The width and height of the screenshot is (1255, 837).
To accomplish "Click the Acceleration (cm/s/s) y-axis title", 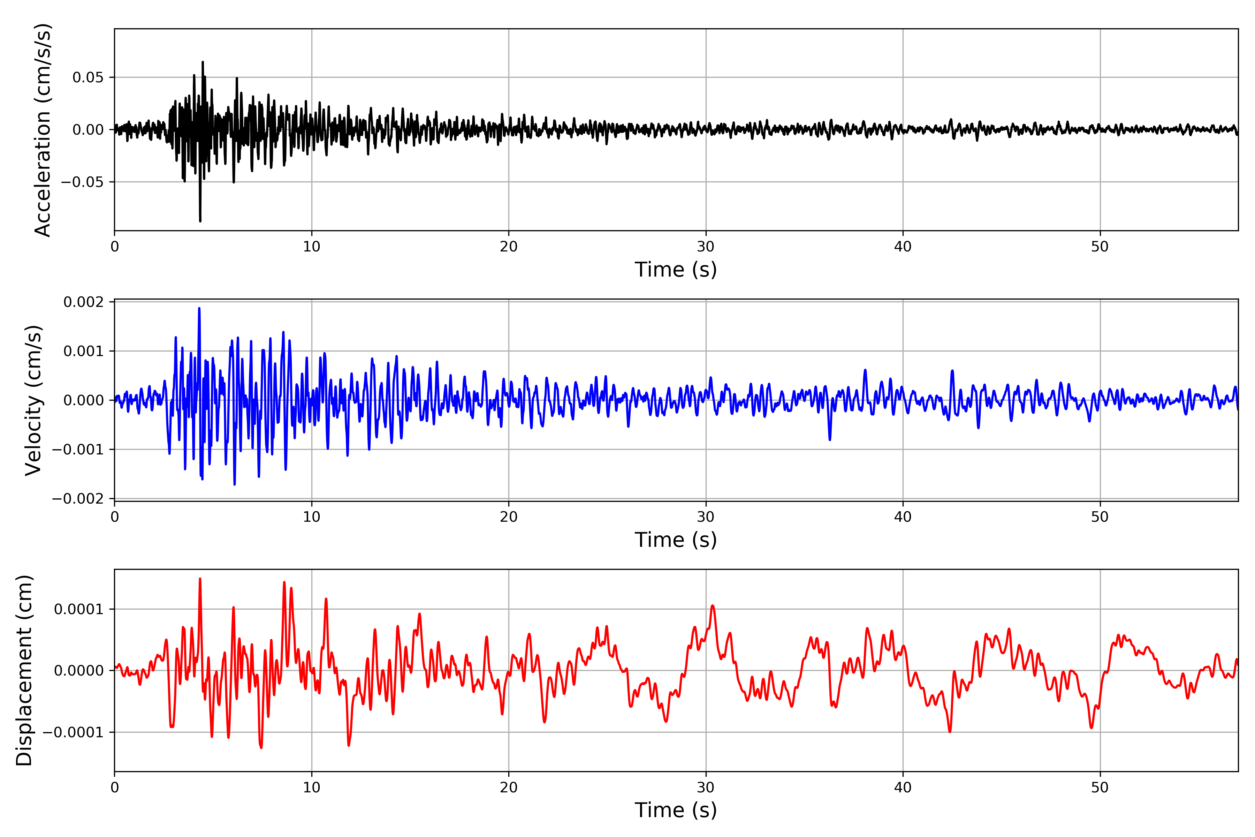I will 43,130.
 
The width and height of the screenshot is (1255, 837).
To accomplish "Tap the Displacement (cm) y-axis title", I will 24,670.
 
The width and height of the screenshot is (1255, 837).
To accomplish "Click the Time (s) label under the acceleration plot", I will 676,270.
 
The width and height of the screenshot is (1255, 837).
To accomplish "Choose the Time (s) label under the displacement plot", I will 676,810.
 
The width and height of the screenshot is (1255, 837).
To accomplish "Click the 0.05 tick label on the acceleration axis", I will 88,77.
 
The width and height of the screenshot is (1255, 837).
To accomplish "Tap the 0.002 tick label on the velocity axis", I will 84,302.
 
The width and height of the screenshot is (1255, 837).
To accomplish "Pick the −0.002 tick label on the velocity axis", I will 78,499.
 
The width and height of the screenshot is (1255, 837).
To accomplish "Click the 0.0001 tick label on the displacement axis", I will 79,609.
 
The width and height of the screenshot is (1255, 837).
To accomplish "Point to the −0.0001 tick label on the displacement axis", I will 73,732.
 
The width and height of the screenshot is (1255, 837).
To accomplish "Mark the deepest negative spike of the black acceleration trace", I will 200,220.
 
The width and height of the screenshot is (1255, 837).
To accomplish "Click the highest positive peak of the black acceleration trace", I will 203,62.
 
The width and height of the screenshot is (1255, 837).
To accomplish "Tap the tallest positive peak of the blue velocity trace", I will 199,309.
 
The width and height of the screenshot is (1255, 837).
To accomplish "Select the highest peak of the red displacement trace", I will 200,579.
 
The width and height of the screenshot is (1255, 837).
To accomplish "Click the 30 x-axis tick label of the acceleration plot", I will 705,247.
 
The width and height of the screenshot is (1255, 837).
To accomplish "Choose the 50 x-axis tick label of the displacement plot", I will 1100,787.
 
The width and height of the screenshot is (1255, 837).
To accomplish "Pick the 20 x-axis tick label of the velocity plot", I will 509,517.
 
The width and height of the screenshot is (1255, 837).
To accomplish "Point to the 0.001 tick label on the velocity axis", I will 84,351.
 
